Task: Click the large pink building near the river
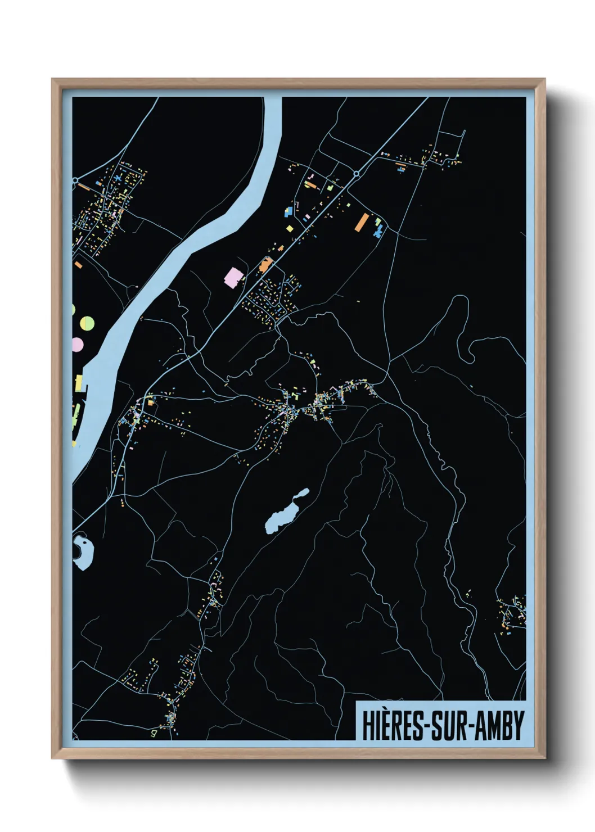pyautogui.click(x=232, y=278)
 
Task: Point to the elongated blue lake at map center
pyautogui.click(x=286, y=512)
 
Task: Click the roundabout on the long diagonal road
pyautogui.click(x=356, y=174)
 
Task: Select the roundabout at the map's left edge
pyautogui.click(x=75, y=180)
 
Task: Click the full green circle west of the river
pyautogui.click(x=87, y=323)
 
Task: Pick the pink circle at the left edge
pyautogui.click(x=77, y=343)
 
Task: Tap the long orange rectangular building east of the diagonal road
pyautogui.click(x=361, y=222)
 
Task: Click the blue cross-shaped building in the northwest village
pyautogui.click(x=118, y=178)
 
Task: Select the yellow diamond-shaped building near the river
pyautogui.click(x=290, y=228)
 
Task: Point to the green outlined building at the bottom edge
pyautogui.click(x=152, y=732)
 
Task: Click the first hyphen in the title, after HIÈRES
pyautogui.click(x=432, y=726)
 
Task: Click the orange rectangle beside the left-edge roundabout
pyautogui.click(x=84, y=187)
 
